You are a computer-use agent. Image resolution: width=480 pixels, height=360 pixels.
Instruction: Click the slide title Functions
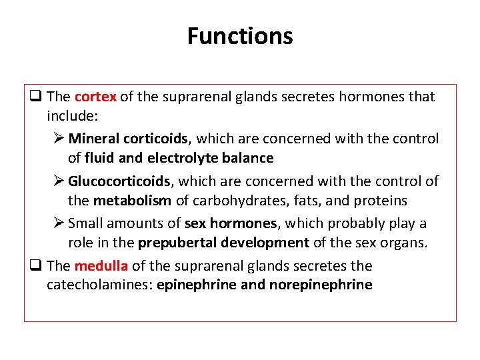click(239, 35)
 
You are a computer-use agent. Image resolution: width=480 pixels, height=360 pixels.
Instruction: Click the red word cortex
click(95, 97)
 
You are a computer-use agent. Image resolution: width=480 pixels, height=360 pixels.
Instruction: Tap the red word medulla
click(101, 266)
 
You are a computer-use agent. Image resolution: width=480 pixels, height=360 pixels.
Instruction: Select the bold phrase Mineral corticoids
click(128, 139)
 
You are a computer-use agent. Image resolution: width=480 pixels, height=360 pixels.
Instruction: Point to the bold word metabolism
click(132, 201)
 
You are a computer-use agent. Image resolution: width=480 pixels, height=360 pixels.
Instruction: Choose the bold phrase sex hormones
click(230, 223)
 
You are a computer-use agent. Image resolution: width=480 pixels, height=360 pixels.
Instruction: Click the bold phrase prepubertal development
click(223, 243)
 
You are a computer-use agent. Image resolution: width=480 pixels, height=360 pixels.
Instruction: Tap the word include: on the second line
click(72, 116)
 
